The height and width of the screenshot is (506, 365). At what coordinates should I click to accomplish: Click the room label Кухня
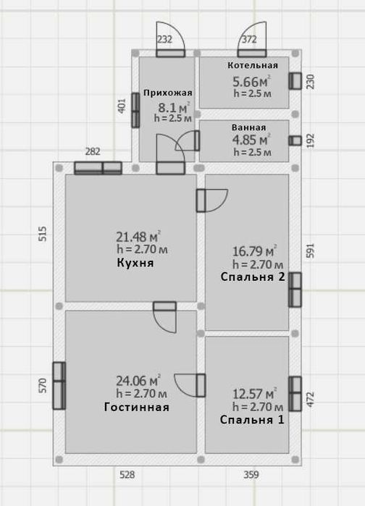[x=135, y=263]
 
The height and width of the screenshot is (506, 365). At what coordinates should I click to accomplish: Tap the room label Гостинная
[x=136, y=407]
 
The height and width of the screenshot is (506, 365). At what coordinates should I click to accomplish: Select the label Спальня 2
[x=253, y=277]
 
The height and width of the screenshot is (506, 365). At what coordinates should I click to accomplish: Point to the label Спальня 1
[x=252, y=420]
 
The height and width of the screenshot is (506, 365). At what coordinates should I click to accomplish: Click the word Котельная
[x=253, y=65]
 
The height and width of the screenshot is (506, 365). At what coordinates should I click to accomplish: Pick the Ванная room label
[x=249, y=127]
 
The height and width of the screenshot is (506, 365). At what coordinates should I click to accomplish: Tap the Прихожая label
[x=168, y=93]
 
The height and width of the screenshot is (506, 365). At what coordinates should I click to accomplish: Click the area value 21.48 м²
[x=138, y=237]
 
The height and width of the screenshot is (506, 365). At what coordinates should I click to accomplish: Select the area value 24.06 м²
[x=138, y=381]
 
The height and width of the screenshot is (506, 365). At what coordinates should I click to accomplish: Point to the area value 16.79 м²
[x=255, y=251]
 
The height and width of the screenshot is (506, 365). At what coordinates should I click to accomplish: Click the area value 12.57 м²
[x=255, y=394]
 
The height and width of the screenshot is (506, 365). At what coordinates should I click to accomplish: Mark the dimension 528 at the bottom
[x=127, y=475]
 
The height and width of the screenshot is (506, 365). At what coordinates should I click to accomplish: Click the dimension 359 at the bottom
[x=251, y=475]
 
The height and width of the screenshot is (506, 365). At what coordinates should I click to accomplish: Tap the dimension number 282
[x=93, y=151]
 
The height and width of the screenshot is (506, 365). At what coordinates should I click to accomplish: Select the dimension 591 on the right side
[x=310, y=250]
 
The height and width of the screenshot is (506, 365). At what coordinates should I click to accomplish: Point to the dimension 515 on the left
[x=43, y=234]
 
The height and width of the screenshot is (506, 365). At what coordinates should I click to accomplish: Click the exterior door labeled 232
[x=171, y=54]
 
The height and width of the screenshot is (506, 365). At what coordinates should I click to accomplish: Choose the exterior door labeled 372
[x=252, y=54]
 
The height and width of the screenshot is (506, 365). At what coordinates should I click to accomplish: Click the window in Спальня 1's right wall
[x=295, y=394]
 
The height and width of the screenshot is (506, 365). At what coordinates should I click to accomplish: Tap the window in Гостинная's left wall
[x=59, y=386]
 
